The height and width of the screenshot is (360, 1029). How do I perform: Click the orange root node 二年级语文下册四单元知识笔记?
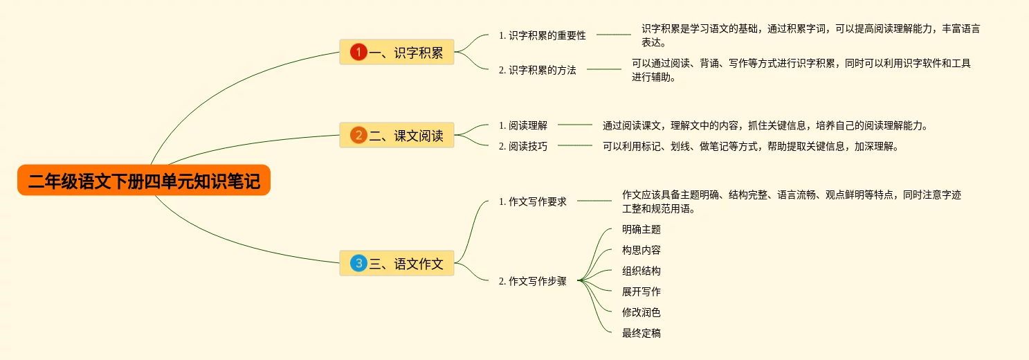tap(144, 181)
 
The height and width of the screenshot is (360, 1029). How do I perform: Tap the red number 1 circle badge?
tap(358, 52)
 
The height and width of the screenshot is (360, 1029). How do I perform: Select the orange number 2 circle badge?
tap(358, 135)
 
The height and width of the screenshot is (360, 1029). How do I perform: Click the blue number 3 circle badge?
tap(358, 263)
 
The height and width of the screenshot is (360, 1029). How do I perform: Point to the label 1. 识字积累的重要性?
tap(542, 35)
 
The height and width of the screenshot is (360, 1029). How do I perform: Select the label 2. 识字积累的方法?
tap(537, 70)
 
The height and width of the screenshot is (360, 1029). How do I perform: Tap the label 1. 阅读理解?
tap(522, 125)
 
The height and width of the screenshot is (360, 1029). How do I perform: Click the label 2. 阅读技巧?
tap(522, 146)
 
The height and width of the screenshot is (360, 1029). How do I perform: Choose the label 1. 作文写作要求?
tap(532, 201)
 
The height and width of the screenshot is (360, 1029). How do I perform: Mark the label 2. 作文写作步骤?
tap(532, 281)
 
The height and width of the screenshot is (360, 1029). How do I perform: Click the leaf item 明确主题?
tap(641, 229)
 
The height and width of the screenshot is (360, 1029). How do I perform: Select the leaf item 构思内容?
tap(641, 250)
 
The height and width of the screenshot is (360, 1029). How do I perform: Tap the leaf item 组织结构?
tap(641, 271)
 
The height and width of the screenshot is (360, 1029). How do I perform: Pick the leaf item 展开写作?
tap(641, 291)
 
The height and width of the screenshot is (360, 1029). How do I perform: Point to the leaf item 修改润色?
tap(641, 312)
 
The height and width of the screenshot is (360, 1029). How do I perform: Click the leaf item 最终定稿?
tap(641, 333)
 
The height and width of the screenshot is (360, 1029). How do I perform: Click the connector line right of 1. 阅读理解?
tap(575, 125)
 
